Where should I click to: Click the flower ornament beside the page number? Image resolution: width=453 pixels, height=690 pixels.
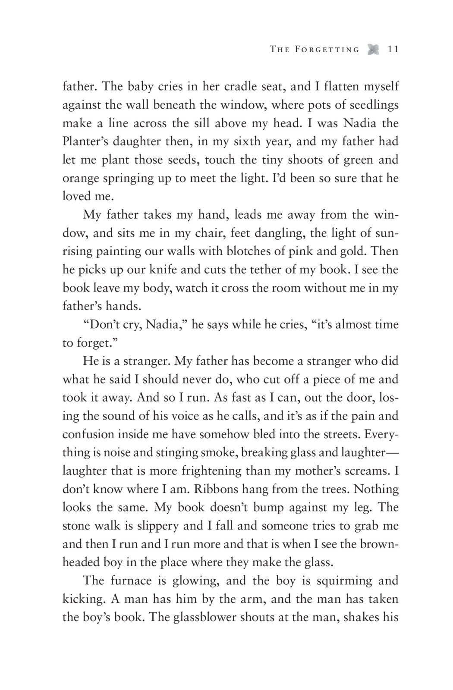pos(373,50)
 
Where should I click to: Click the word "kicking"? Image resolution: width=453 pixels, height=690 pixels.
pos(83,599)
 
